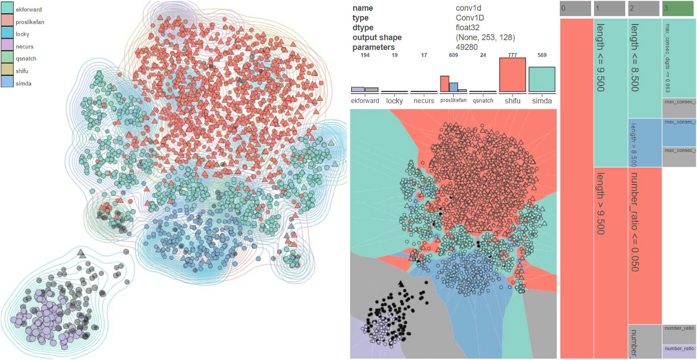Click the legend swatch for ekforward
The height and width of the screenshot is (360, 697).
click(7, 9)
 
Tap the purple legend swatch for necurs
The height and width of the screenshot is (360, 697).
click(7, 46)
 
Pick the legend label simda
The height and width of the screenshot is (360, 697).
click(24, 83)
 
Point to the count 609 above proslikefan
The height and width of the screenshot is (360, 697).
click(453, 55)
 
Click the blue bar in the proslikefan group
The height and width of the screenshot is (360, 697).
click(454, 87)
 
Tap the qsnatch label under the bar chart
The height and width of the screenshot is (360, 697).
click(482, 101)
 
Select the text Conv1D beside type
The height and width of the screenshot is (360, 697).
click(470, 18)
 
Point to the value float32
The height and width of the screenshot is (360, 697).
click(469, 27)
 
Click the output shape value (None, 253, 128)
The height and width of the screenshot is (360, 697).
click(485, 38)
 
